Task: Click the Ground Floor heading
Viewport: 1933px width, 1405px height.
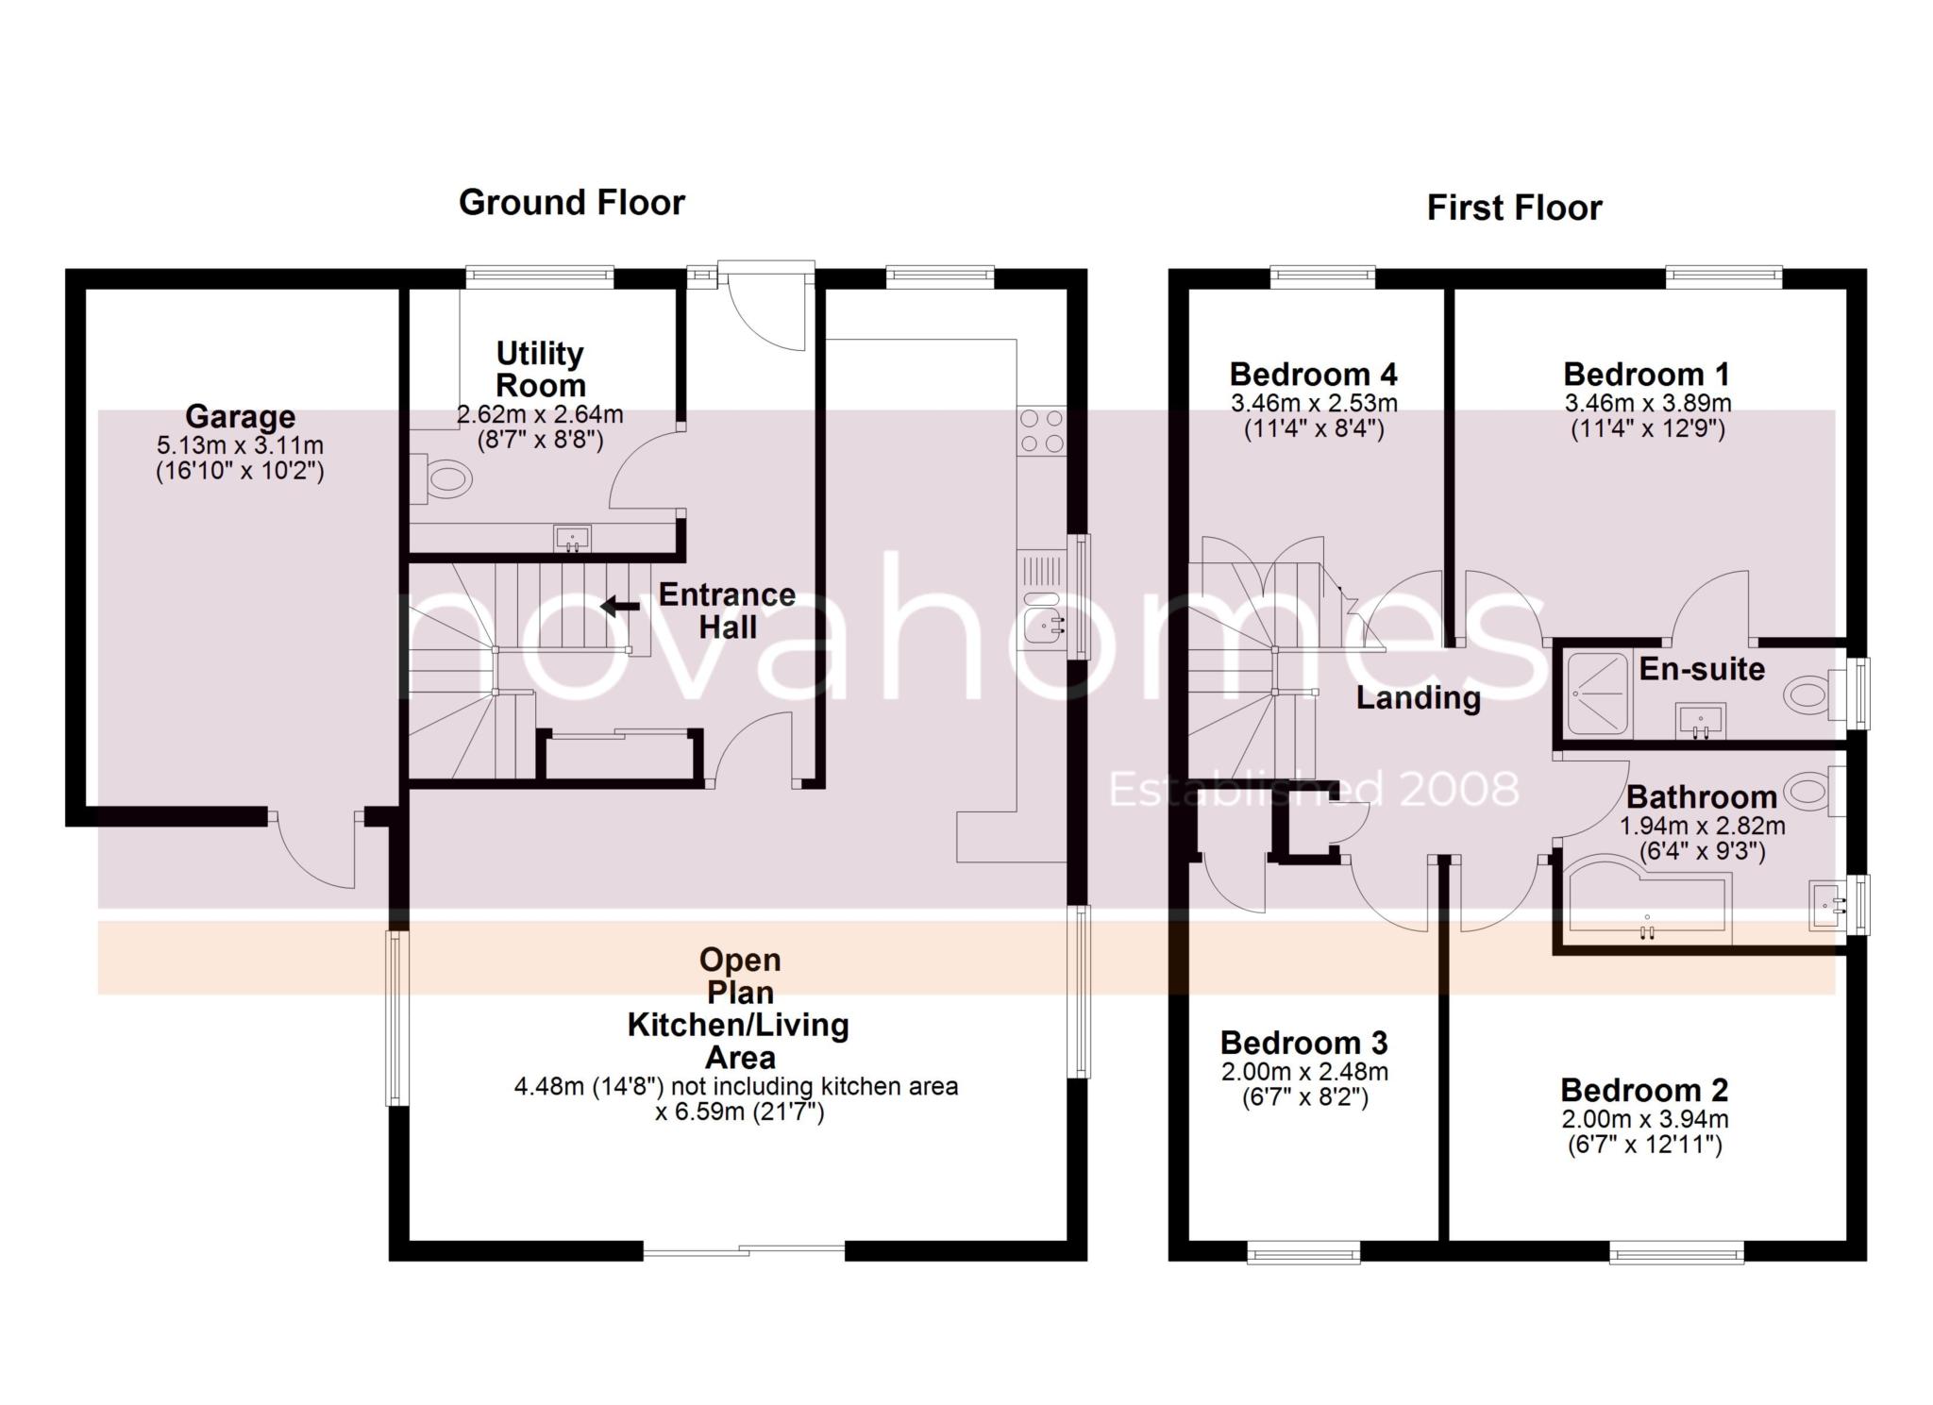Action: pyautogui.click(x=571, y=202)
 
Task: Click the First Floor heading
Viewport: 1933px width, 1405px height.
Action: pyautogui.click(x=1514, y=208)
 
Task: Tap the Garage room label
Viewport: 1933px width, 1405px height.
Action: pyautogui.click(x=240, y=416)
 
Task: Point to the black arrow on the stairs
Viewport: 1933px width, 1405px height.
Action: pyautogui.click(x=620, y=606)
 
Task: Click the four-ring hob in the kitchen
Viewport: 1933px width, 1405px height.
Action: pyautogui.click(x=1042, y=431)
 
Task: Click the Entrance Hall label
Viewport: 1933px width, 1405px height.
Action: pyautogui.click(x=727, y=611)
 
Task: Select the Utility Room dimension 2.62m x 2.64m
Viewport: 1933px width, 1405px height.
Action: pyautogui.click(x=540, y=414)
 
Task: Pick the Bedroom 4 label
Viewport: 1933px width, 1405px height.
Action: pyautogui.click(x=1313, y=374)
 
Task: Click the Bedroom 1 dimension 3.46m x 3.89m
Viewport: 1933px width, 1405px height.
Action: pyautogui.click(x=1648, y=404)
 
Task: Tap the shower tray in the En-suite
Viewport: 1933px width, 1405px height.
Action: pyautogui.click(x=1597, y=695)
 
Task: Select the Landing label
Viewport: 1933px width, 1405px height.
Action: pyautogui.click(x=1418, y=698)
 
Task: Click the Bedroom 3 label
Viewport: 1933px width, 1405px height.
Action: pyautogui.click(x=1303, y=1042)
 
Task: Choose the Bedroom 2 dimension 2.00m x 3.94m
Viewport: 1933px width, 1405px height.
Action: pyautogui.click(x=1644, y=1119)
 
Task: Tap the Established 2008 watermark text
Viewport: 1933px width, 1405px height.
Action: pyautogui.click(x=1314, y=790)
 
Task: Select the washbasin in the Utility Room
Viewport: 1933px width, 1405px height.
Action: pyautogui.click(x=572, y=539)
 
